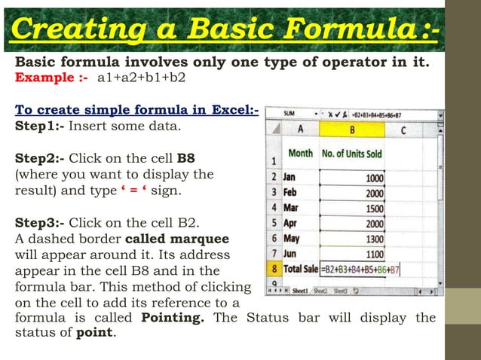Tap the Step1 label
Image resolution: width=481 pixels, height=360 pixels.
[41, 126]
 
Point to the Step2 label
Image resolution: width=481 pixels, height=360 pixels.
[41, 159]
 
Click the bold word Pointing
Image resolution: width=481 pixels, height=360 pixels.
[173, 318]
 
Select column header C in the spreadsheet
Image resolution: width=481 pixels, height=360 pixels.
[403, 129]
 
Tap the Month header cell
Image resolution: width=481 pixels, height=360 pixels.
[301, 154]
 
